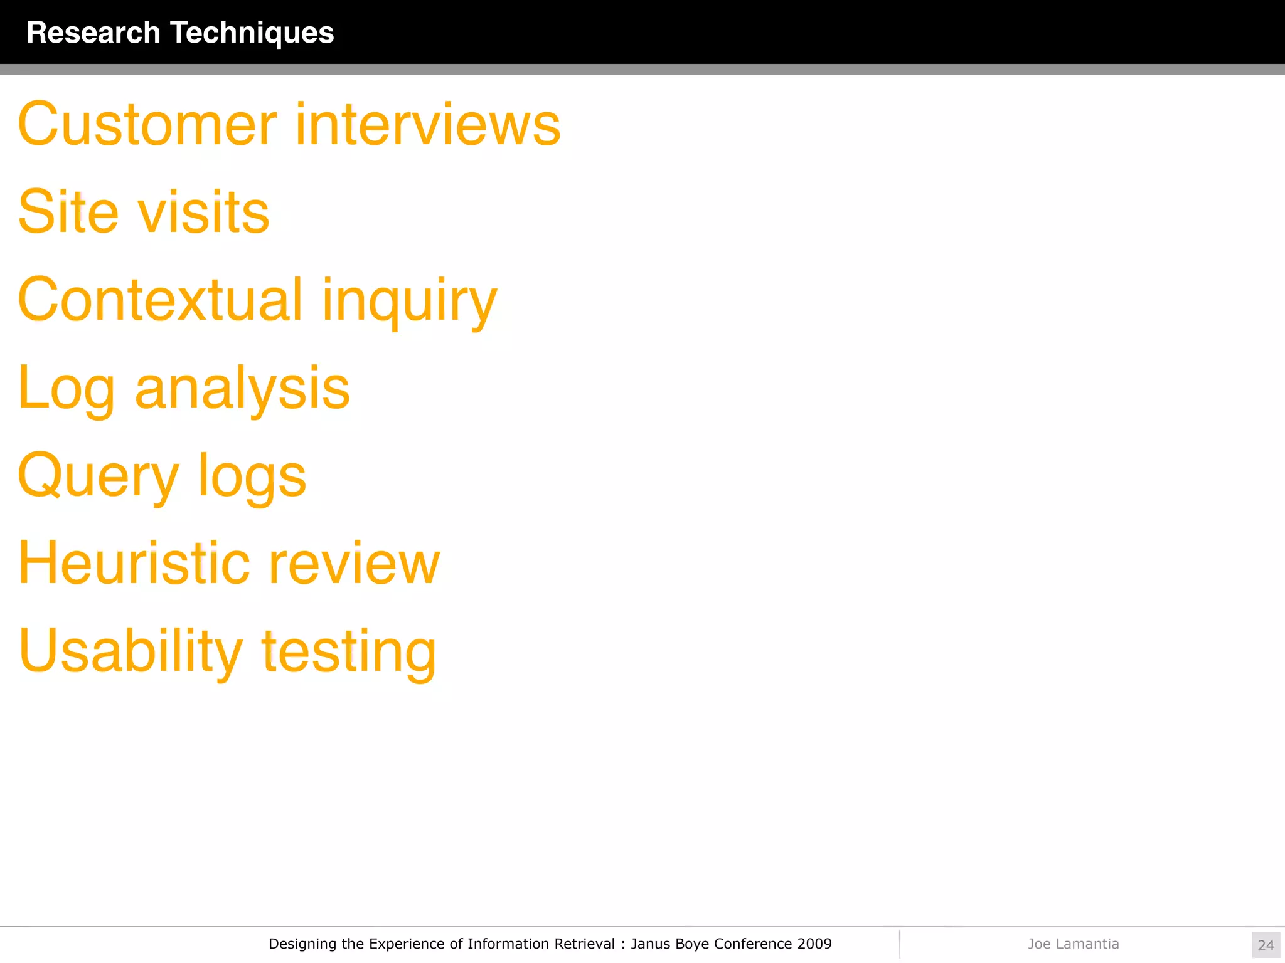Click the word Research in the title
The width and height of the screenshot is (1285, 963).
tap(93, 33)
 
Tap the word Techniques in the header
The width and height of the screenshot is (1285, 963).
tap(252, 33)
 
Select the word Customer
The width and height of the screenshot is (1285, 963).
tap(147, 125)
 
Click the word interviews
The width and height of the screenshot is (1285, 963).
tap(428, 125)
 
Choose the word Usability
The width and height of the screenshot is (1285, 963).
tap(130, 652)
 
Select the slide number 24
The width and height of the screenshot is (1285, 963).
tap(1266, 945)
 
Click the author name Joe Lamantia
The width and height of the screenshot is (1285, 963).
tap(1073, 944)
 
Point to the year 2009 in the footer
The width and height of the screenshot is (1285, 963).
tap(814, 944)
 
